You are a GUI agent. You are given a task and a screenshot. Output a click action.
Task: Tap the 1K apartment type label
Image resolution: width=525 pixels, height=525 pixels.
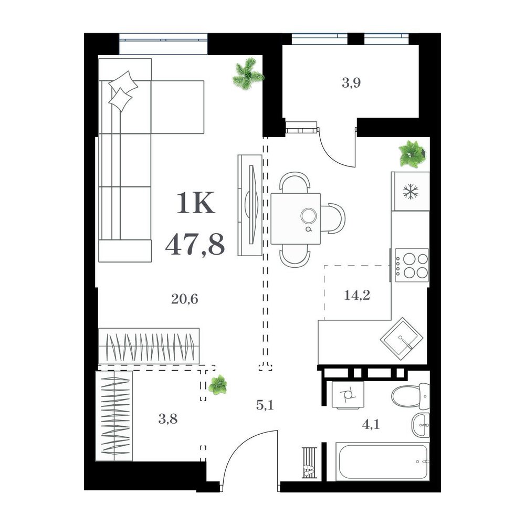click(x=195, y=203)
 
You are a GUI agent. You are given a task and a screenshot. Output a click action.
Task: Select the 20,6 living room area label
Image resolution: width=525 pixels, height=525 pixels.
click(x=184, y=299)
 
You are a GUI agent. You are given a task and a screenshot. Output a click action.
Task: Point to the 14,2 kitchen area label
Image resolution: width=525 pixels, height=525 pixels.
click(x=357, y=295)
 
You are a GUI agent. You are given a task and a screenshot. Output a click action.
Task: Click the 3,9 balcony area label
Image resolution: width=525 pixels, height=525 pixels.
click(x=351, y=82)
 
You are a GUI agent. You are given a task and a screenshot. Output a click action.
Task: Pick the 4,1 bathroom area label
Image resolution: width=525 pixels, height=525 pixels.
click(x=371, y=425)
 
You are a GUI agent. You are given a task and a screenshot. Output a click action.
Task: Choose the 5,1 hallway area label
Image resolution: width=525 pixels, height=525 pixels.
click(x=265, y=405)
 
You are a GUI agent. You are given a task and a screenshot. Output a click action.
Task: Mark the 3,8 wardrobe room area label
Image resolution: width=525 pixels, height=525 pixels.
click(x=168, y=418)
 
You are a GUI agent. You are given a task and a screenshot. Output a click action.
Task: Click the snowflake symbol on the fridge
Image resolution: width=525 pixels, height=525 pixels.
click(x=411, y=192)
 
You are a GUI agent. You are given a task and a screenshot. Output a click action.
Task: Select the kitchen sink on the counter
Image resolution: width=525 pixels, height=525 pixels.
click(x=402, y=339)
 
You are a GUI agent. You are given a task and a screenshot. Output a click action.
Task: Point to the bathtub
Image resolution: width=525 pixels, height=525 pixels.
click(x=382, y=461)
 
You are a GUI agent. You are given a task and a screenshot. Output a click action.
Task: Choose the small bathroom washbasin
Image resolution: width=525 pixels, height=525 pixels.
click(x=420, y=425)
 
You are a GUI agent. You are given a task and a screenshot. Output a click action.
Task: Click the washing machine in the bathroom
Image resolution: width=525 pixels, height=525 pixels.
click(x=348, y=395)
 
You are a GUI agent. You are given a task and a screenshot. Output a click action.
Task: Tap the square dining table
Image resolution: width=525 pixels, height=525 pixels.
click(x=296, y=218)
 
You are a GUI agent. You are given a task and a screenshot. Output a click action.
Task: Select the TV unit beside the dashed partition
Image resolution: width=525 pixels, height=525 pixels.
click(x=250, y=205)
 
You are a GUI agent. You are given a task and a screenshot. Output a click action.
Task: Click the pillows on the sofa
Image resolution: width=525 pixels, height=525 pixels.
click(x=122, y=91)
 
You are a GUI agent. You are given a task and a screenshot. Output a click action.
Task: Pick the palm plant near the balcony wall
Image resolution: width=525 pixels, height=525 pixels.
click(x=248, y=74)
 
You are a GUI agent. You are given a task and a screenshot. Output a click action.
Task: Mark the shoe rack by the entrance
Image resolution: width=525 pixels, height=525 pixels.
click(x=309, y=463)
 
